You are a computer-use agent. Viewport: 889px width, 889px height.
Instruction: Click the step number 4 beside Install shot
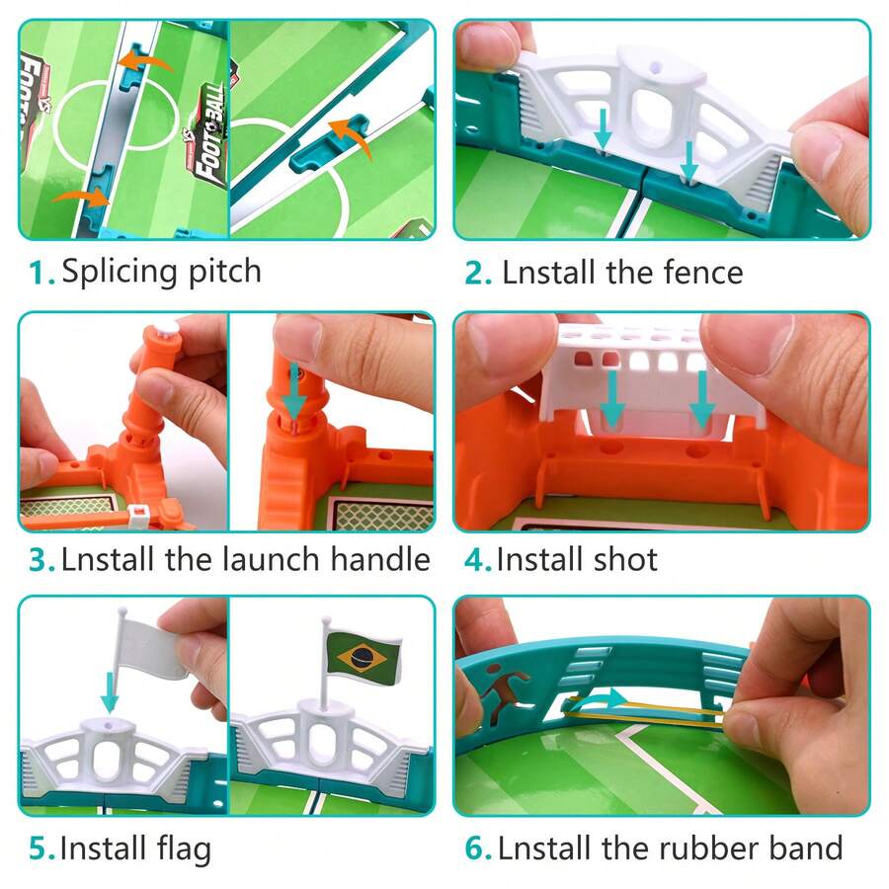click(x=476, y=560)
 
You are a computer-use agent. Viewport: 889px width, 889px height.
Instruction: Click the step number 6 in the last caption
click(x=476, y=849)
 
